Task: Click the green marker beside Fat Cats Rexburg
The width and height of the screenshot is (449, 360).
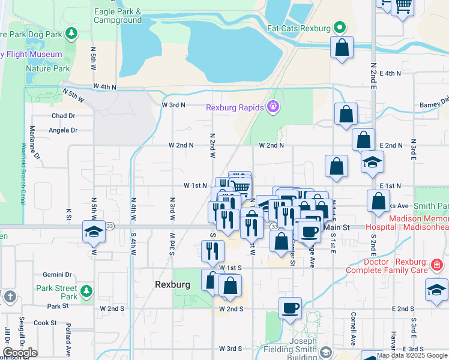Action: [340, 28]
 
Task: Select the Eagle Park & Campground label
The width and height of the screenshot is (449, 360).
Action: [118, 16]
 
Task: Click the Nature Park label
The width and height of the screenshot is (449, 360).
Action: [47, 68]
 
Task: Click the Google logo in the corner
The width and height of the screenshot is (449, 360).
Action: [20, 353]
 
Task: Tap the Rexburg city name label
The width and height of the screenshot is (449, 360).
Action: [172, 284]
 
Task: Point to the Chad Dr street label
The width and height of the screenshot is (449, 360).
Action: [63, 116]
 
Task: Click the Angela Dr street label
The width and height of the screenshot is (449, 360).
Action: [63, 130]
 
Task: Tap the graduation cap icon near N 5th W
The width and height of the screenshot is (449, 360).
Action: [94, 232]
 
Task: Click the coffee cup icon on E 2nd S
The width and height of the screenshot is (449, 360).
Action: [290, 308]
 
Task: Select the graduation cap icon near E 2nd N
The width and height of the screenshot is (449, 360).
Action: [372, 162]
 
